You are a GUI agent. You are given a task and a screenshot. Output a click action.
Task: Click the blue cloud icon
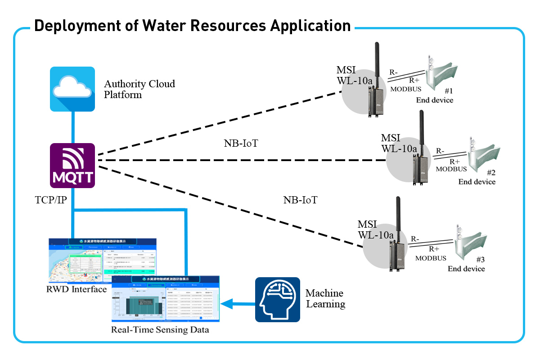[x=72, y=89]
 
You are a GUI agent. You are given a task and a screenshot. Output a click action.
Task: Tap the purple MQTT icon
[x=72, y=165]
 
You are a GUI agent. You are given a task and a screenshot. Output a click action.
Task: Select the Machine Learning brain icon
[x=278, y=300]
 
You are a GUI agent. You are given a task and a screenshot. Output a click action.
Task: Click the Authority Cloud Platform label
[x=139, y=89]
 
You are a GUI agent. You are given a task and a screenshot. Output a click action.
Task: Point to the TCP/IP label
[x=51, y=199]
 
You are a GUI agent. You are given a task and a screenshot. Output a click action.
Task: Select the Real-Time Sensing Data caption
[x=160, y=330]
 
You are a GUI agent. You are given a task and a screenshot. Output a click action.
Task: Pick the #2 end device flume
[x=484, y=158]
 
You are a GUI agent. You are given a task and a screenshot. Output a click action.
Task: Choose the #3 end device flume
[x=470, y=245]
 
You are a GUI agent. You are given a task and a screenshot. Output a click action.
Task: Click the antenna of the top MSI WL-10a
[x=378, y=63]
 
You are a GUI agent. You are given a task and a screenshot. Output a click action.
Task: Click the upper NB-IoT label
[x=241, y=144]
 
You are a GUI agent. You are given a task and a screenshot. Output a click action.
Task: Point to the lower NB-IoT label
[x=300, y=200]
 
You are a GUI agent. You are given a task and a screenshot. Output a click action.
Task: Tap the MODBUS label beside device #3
[x=431, y=258]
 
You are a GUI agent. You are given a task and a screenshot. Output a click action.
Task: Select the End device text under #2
[x=477, y=182]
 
